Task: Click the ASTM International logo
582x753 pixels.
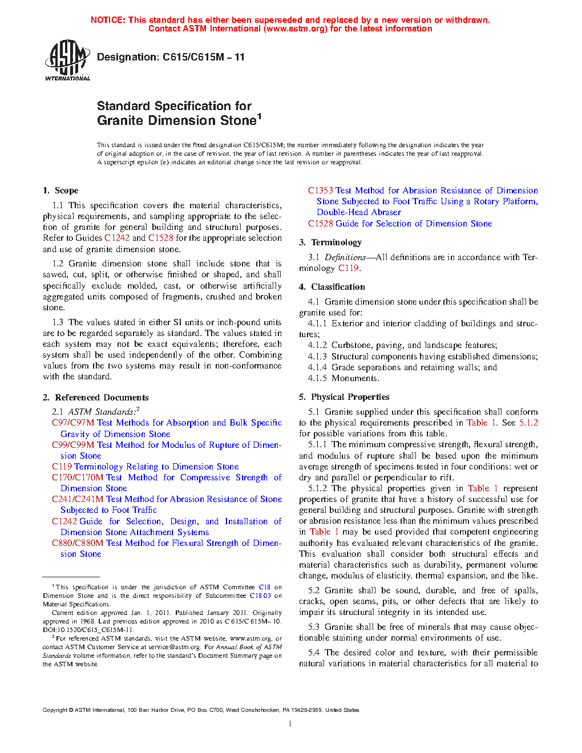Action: [x=67, y=60]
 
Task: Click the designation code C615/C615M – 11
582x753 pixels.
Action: [x=203, y=57]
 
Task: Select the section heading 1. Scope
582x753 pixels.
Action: [x=60, y=191]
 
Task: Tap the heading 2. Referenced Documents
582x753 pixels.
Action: [x=95, y=398]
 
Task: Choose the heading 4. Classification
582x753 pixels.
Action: [x=332, y=287]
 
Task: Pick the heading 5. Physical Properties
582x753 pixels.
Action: [x=344, y=397]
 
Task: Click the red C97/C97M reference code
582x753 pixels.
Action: [x=73, y=423]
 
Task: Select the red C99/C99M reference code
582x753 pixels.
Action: [x=73, y=445]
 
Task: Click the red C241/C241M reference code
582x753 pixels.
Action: [x=78, y=499]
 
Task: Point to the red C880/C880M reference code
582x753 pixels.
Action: [x=78, y=543]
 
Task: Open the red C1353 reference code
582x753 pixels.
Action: [x=321, y=191]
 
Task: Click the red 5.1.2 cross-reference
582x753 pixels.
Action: [x=528, y=423]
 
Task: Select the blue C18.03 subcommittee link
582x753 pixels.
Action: [x=260, y=596]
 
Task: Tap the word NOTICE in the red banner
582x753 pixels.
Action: [x=108, y=20]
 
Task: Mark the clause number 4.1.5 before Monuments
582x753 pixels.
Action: [x=317, y=378]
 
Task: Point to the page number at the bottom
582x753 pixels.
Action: [x=290, y=724]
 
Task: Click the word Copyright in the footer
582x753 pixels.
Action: [x=55, y=710]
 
